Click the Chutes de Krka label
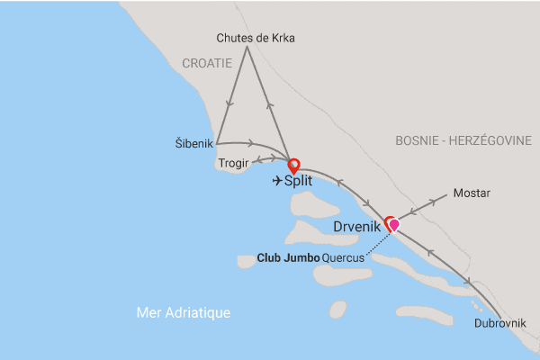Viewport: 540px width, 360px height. click(x=256, y=38)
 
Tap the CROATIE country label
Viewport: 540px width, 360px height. click(x=207, y=63)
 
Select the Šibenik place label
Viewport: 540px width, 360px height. click(x=194, y=143)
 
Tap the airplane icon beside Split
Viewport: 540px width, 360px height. click(x=276, y=181)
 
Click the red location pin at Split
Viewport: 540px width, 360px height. click(x=292, y=166)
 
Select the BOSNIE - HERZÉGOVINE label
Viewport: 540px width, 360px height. click(x=463, y=140)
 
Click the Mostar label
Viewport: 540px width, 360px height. click(x=472, y=193)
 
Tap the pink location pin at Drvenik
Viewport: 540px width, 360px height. click(x=393, y=225)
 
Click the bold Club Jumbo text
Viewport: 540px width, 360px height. click(x=287, y=257)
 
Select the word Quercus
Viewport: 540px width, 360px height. click(x=343, y=257)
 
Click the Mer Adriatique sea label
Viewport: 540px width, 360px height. click(x=184, y=312)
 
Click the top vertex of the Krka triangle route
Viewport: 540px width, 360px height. click(x=247, y=48)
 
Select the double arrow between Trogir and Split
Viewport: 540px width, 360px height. click(x=265, y=160)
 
